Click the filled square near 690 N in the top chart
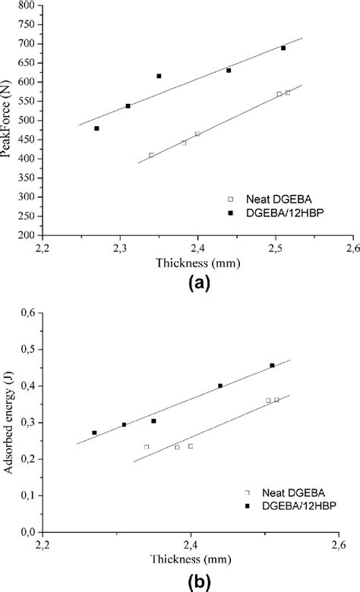tap(283, 48)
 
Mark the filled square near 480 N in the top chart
tap(96, 128)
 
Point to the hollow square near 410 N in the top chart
tap(151, 155)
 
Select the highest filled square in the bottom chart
tap(272, 365)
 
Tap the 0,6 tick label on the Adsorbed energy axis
tap(30, 313)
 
